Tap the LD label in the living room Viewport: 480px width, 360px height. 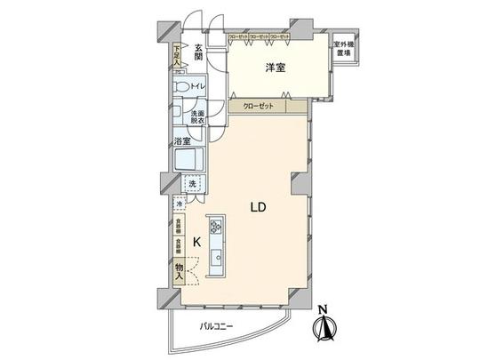point(259,207)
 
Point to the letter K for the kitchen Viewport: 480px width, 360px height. point(197,240)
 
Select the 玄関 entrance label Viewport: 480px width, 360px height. point(200,56)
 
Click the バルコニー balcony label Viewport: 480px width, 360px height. point(215,326)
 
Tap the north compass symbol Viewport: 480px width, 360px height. point(324,330)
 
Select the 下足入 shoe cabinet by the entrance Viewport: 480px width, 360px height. point(177,54)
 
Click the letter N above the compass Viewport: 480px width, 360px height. point(324,311)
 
